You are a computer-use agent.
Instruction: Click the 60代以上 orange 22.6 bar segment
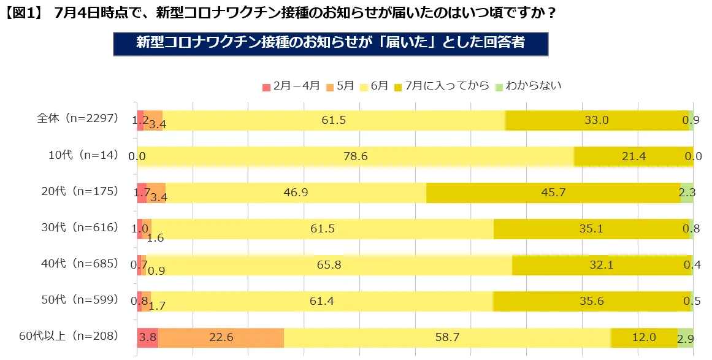click(x=221, y=337)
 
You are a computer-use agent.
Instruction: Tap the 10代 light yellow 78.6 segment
click(x=356, y=156)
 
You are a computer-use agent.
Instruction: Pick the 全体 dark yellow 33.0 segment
click(x=596, y=120)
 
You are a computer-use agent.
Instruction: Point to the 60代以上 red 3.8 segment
click(x=148, y=337)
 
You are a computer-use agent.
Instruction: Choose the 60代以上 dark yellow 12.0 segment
click(x=644, y=337)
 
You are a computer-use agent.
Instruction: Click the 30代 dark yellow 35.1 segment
click(x=591, y=229)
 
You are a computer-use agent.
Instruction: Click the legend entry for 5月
click(x=340, y=86)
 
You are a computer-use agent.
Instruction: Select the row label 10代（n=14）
click(x=83, y=156)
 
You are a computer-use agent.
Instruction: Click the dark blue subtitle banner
click(x=330, y=44)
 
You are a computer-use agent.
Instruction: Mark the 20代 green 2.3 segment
click(x=687, y=193)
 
